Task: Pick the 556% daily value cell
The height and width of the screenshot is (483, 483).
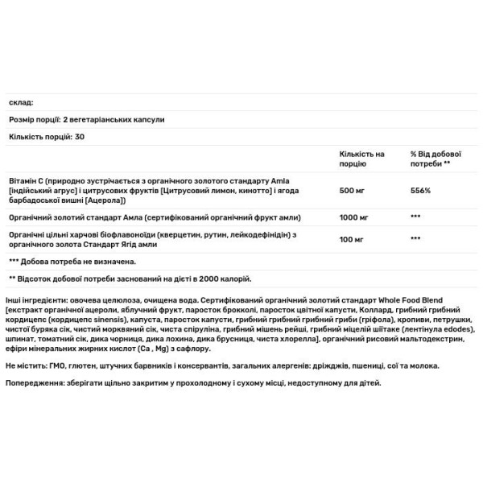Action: (x=420, y=190)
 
